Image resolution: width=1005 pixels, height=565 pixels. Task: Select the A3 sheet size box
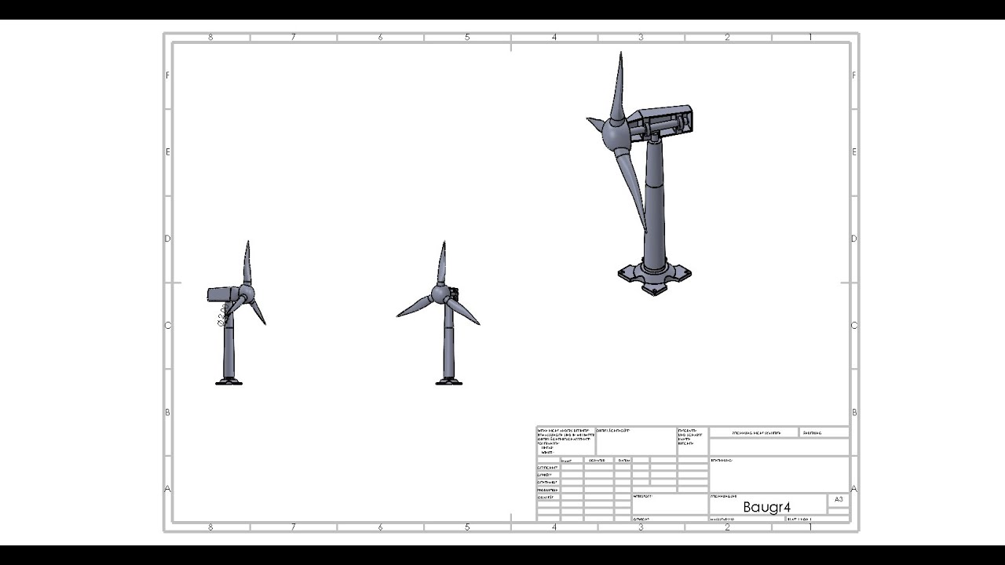click(x=838, y=499)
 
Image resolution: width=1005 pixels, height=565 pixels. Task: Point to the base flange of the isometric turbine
click(x=654, y=277)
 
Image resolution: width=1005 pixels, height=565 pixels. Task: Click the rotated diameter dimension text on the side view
click(x=222, y=315)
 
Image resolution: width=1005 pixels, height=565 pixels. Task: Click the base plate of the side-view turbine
click(x=229, y=382)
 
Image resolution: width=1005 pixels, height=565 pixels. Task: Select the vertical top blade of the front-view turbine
click(x=444, y=263)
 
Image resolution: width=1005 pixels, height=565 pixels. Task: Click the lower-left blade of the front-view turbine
click(x=415, y=307)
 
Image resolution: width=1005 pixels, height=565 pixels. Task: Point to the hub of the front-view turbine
click(x=442, y=296)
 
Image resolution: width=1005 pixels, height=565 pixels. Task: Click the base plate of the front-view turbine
click(x=449, y=382)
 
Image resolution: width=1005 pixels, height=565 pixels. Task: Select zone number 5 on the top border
click(x=467, y=37)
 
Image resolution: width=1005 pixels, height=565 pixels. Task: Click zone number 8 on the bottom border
click(x=210, y=527)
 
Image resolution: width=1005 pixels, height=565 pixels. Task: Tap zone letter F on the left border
click(x=167, y=75)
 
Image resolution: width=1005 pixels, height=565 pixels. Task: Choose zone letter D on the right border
click(x=854, y=239)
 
